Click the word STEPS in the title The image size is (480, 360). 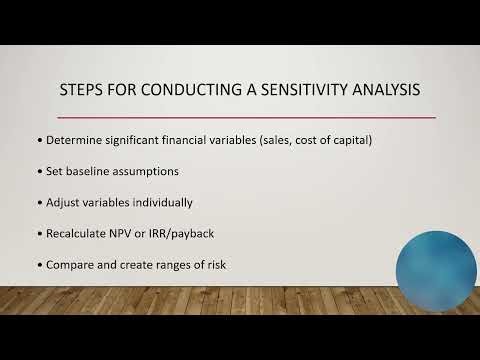click(83, 92)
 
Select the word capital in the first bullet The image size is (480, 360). click(348, 139)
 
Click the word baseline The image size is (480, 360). click(96, 171)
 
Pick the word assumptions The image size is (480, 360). click(159, 171)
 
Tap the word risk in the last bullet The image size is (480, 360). click(214, 267)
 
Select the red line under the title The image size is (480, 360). click(240, 117)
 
